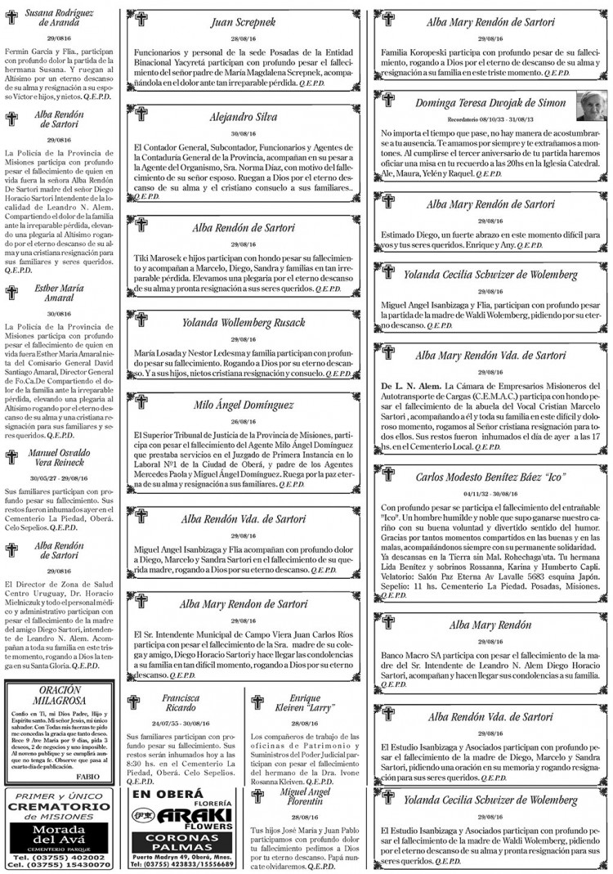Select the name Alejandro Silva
243,117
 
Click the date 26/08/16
243,423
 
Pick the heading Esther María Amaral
58,294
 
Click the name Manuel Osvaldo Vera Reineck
58,458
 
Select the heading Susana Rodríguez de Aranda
58,18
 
